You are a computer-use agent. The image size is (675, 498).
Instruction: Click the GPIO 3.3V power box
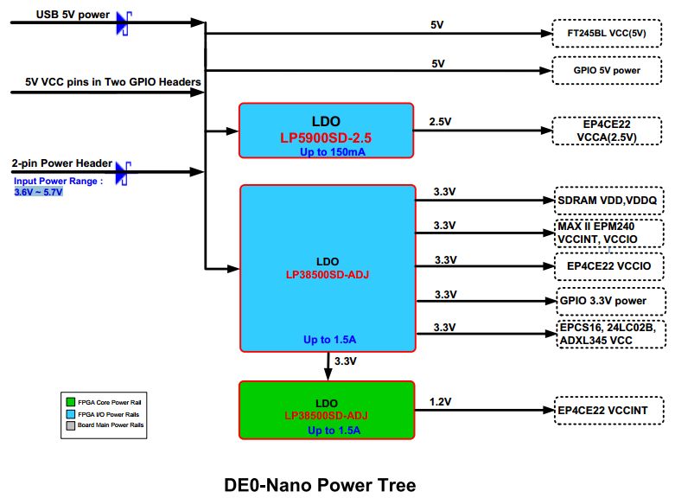coord(610,301)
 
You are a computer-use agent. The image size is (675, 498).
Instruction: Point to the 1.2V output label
coord(440,401)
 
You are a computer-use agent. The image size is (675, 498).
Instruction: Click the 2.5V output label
coord(440,122)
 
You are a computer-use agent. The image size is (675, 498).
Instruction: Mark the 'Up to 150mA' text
coord(332,151)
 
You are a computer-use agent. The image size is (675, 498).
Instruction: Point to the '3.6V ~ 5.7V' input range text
coord(38,192)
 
